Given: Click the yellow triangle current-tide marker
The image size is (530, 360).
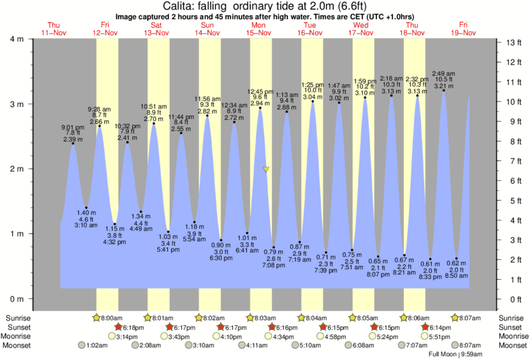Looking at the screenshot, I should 266,170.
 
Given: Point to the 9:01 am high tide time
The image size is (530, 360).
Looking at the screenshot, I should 73,127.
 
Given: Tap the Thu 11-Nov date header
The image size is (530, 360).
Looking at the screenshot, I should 54,29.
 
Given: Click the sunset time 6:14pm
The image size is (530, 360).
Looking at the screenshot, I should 438,327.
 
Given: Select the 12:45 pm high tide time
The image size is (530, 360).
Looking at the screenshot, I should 260,91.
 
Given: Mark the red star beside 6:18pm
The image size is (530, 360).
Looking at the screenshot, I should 119,327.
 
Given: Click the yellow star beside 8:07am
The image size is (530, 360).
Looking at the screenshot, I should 454,318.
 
